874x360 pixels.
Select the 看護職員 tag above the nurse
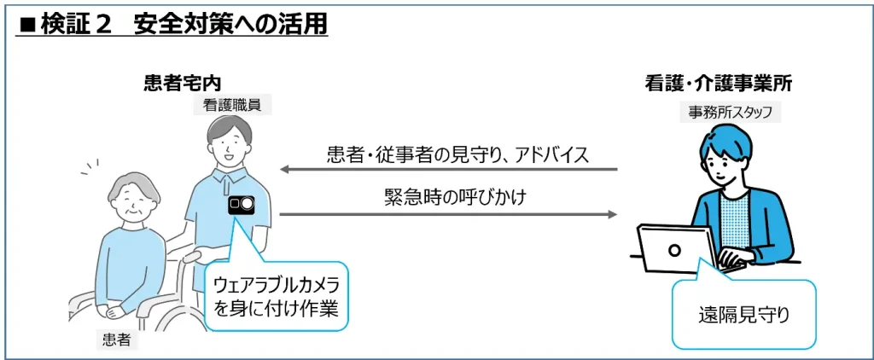225,105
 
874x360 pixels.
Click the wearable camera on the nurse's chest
241,205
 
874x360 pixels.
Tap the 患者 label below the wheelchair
116,340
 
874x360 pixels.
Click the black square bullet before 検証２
26,25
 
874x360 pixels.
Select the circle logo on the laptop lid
674,251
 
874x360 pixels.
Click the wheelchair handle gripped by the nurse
193,254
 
